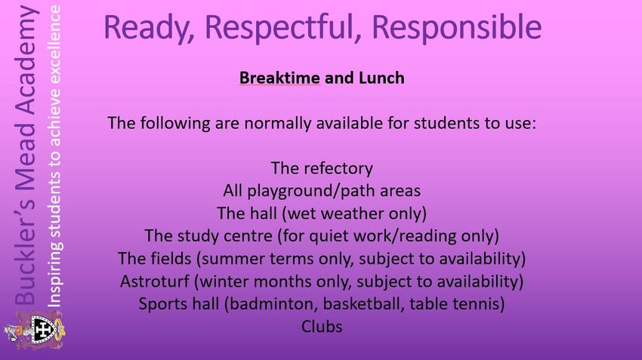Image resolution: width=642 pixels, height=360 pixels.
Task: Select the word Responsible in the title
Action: pos(456,28)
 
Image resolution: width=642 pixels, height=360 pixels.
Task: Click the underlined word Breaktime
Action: pos(279,78)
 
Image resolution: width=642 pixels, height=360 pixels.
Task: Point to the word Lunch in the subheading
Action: pos(381,78)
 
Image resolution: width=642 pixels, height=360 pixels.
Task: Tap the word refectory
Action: pos(338,168)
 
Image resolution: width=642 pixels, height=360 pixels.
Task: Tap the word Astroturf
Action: pos(155,282)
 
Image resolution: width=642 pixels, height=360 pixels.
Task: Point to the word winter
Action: pos(224,282)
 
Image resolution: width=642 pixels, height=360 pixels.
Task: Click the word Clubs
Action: pos(322,327)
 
